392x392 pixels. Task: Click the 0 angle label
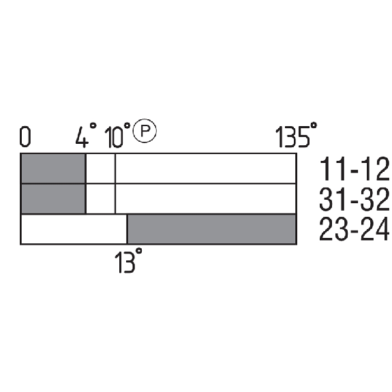coord(25,136)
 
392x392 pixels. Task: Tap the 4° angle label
coord(86,135)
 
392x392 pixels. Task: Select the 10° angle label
coord(117,135)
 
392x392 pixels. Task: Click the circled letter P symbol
coord(145,130)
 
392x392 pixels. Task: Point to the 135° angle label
coord(297,134)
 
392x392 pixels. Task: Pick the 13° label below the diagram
coord(128,260)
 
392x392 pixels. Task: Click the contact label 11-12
coord(355,169)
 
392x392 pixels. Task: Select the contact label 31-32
coord(355,200)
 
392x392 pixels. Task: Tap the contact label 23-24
coord(355,229)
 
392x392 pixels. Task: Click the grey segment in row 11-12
coord(53,168)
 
